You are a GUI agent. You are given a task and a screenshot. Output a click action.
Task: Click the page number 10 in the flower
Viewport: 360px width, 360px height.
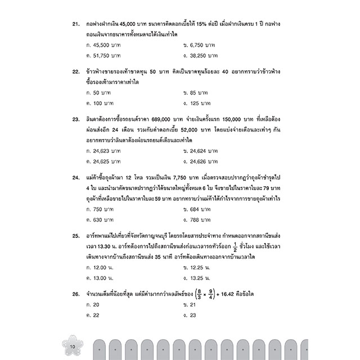(73, 344)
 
